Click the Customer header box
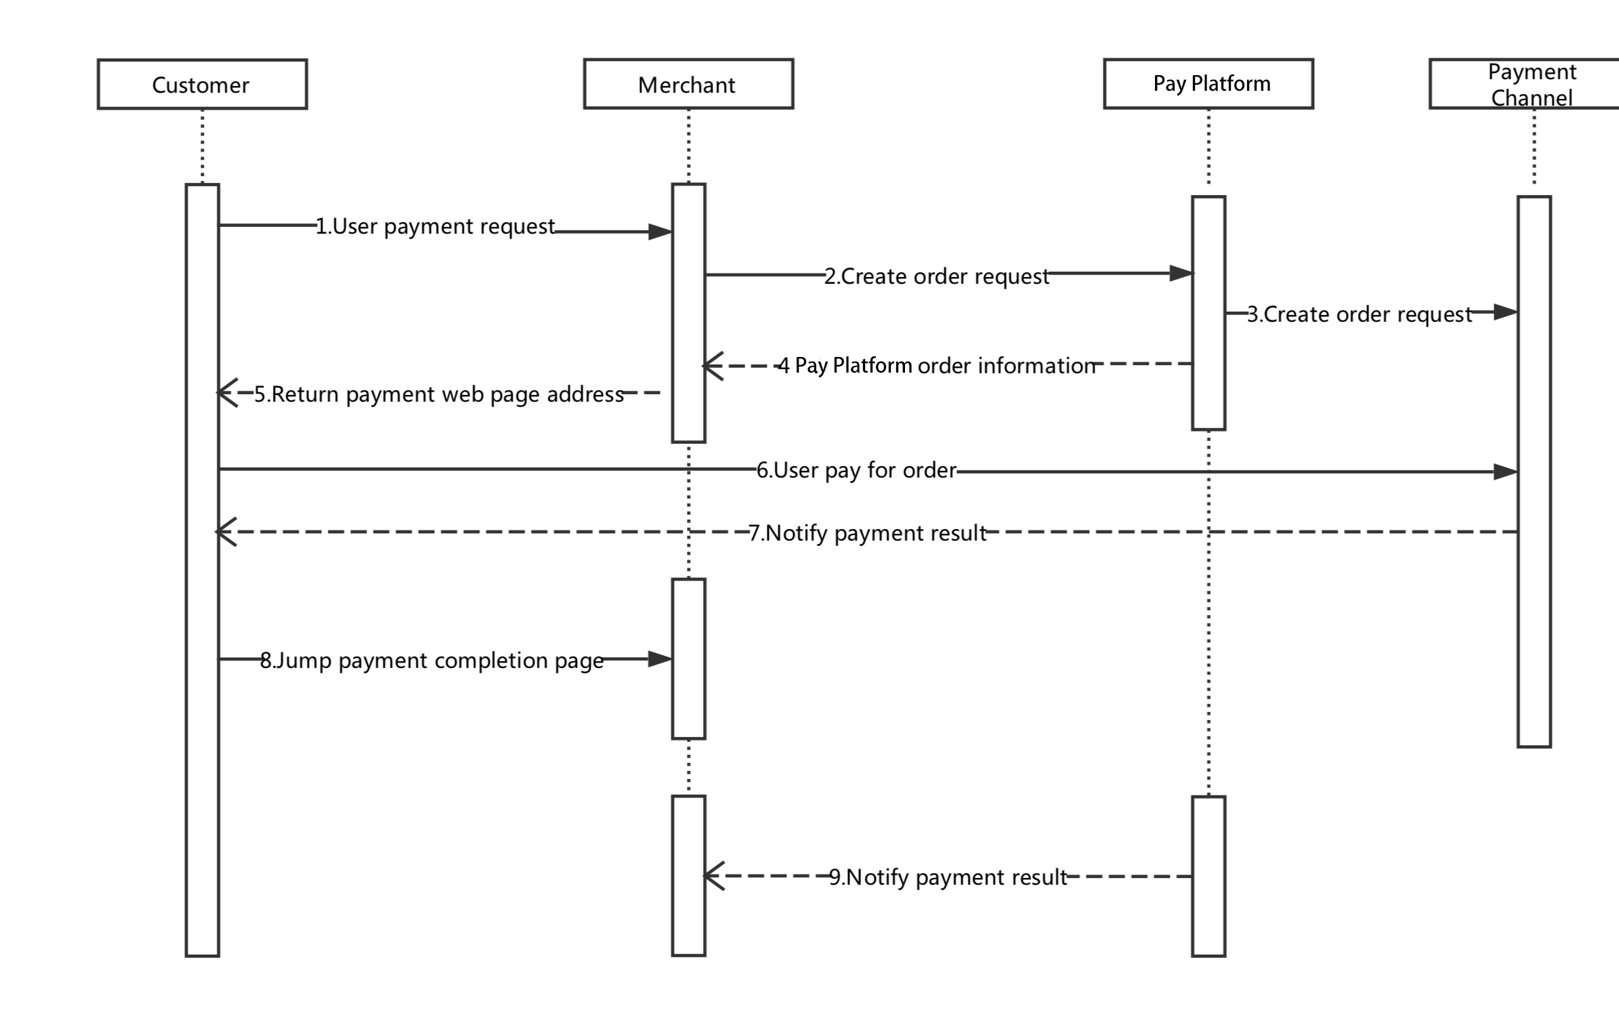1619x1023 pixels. tap(202, 84)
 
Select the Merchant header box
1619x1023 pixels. tap(688, 84)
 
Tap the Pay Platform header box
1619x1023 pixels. tap(1208, 84)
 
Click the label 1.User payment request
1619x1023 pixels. tap(436, 226)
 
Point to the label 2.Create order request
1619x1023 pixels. tap(936, 276)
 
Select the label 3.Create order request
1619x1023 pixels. tap(1360, 314)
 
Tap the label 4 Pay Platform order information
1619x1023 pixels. tap(936, 366)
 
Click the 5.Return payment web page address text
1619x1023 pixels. tap(439, 394)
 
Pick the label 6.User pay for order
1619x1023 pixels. tap(856, 470)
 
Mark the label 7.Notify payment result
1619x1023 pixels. tap(868, 533)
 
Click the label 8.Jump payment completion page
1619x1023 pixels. tap(432, 661)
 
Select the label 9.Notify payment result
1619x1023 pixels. tap(948, 877)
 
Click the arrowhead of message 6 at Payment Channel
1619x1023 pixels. tap(1505, 472)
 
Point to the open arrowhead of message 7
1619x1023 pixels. tap(226, 532)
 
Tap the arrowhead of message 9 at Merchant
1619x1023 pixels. tap(714, 876)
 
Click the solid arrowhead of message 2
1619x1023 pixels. tap(1181, 274)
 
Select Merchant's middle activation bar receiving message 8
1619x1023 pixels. tap(688, 659)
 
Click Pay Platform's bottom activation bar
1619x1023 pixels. tap(1208, 876)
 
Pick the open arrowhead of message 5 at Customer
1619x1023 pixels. tap(227, 392)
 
